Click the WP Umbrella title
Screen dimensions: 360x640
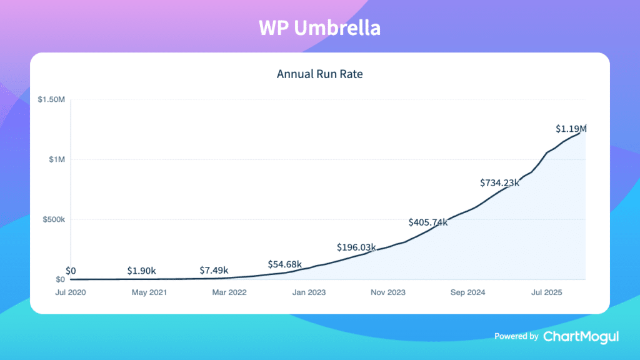tap(319, 28)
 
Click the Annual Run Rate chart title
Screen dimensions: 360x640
tap(319, 74)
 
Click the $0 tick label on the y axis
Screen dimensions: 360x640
tap(59, 280)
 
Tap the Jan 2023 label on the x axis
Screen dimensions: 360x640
tap(309, 292)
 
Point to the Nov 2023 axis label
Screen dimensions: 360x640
tap(388, 292)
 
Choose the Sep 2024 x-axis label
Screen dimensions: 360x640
tap(467, 292)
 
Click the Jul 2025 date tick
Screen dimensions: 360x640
tap(546, 292)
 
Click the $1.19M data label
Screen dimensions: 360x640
tap(571, 129)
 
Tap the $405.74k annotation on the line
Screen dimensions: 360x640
tap(428, 222)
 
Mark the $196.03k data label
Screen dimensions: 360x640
tap(356, 247)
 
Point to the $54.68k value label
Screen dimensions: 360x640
tap(285, 264)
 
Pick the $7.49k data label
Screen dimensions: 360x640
tap(214, 271)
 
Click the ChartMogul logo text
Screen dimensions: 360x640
tap(581, 336)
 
